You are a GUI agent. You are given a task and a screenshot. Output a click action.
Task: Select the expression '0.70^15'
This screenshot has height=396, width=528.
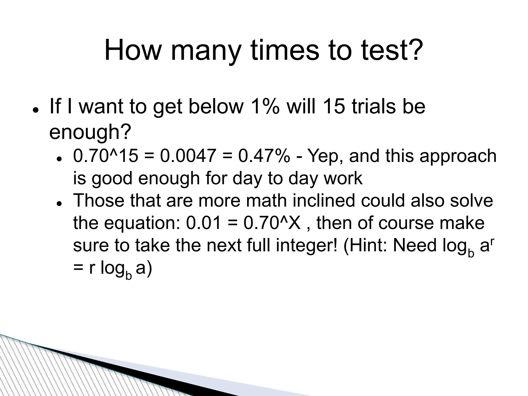[x=106, y=156]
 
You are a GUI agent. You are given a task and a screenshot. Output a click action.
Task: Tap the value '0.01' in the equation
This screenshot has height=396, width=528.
[x=204, y=223]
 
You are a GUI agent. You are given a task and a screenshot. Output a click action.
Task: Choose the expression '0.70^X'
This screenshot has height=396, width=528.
[x=272, y=223]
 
